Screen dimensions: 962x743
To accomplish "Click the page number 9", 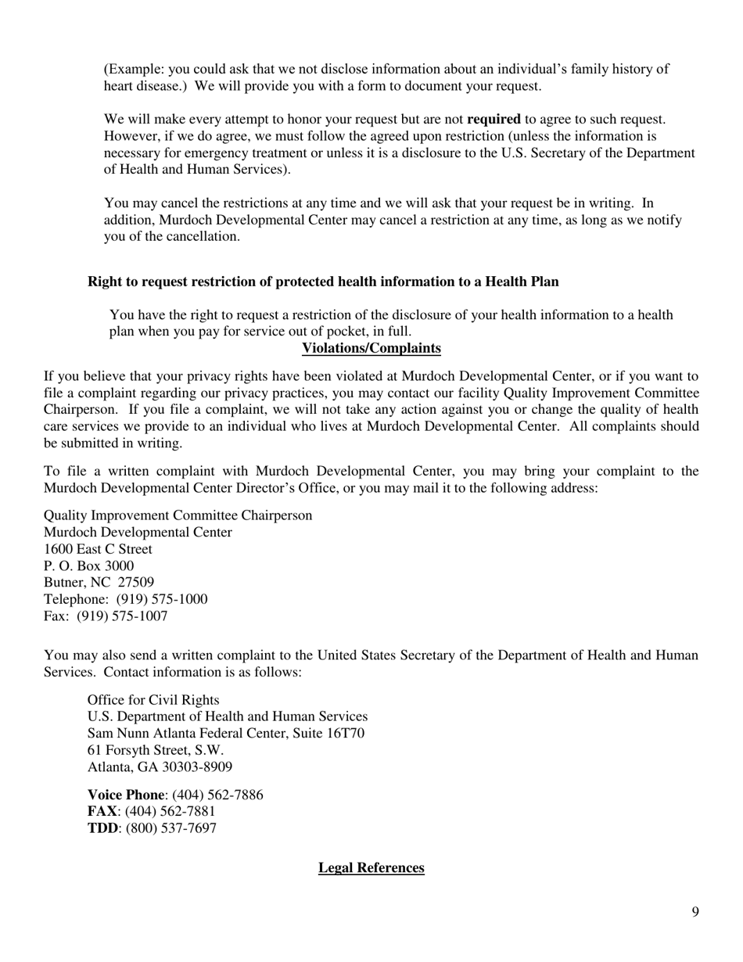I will click(695, 912).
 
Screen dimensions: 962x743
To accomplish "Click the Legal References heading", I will click(371, 868).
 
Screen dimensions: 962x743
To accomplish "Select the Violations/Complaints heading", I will click(371, 348).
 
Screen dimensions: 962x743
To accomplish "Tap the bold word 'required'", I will click(494, 120).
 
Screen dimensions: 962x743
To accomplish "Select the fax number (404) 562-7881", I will click(170, 812).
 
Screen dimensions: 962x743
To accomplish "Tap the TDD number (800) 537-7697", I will click(171, 828).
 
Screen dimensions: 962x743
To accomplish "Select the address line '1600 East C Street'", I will click(98, 550).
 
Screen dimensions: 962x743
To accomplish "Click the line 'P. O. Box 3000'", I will click(88, 566).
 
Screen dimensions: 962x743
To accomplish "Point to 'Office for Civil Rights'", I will click(153, 700).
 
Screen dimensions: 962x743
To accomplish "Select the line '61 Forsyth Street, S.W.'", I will click(156, 750).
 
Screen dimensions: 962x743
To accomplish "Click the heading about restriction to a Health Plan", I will click(323, 282).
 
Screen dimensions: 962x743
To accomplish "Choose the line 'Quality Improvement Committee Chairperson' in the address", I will click(178, 515).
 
